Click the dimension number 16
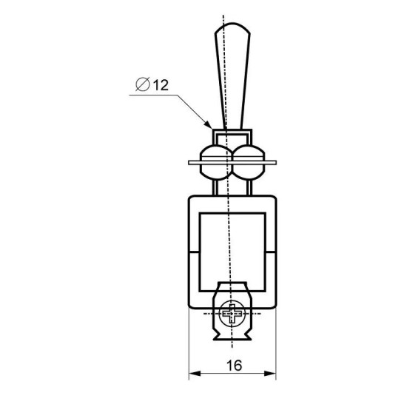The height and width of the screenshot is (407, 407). click(x=234, y=366)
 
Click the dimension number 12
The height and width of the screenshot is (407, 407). click(x=161, y=85)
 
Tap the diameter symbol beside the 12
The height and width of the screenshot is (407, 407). click(x=143, y=84)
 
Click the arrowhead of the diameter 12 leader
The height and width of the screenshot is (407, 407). click(x=209, y=125)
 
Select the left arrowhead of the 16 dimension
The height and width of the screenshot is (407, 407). click(x=195, y=374)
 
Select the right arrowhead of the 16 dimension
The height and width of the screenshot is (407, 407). click(x=270, y=374)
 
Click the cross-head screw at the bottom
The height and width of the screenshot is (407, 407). click(x=232, y=314)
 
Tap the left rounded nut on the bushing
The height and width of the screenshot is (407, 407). click(x=216, y=163)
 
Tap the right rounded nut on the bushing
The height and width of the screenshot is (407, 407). click(x=249, y=163)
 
